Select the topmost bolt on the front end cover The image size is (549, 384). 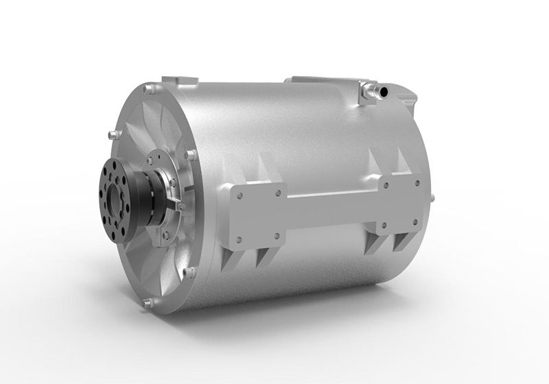click(148, 88)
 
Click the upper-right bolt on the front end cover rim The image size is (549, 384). click(191, 154)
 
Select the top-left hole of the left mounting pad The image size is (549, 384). click(237, 195)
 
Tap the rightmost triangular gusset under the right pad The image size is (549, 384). click(401, 241)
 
